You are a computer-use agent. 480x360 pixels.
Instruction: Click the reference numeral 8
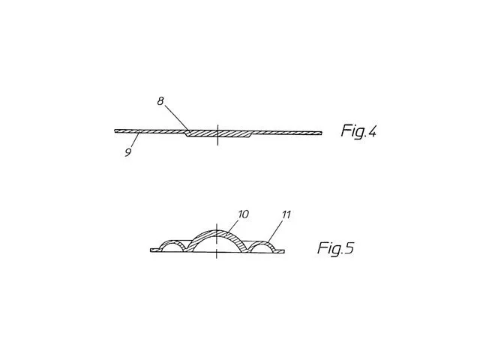(x=160, y=101)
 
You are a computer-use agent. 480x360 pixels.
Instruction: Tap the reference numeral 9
(x=128, y=152)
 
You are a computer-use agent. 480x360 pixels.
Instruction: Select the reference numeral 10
(x=243, y=214)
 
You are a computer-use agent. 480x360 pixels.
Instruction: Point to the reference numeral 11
(x=286, y=214)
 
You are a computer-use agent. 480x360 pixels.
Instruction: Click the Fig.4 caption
(x=358, y=131)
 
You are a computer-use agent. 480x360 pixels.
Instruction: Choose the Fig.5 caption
(x=335, y=247)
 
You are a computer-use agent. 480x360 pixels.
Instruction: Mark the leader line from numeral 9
(x=135, y=140)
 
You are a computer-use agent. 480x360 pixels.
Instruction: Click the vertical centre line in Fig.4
(x=217, y=135)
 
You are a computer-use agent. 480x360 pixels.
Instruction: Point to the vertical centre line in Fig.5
(x=217, y=241)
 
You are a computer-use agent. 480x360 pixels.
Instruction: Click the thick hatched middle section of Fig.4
(x=218, y=133)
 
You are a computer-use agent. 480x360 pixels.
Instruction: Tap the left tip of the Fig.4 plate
(x=115, y=131)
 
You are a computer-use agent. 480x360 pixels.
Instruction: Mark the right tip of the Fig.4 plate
(x=322, y=133)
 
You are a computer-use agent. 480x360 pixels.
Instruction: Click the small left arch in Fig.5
(x=172, y=241)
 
